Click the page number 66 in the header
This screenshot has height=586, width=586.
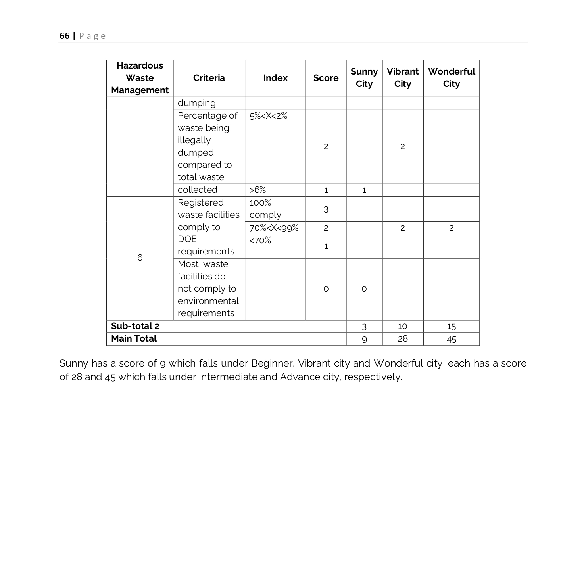64,36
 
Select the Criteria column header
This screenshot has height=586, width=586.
209,78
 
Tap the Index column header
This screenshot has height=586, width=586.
275,78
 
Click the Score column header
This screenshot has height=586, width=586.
326,78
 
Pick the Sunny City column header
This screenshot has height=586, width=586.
364,78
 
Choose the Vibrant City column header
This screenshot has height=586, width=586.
402,78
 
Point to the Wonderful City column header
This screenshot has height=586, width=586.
451,78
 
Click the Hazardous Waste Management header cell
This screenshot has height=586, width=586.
140,78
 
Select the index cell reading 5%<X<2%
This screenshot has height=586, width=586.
268,116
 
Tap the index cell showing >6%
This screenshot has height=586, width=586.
257,190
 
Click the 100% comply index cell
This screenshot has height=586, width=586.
265,209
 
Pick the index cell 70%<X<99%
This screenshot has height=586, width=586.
274,228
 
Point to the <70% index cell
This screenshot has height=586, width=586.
260,240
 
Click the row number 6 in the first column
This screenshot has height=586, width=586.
140,258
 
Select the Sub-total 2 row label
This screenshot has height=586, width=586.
135,326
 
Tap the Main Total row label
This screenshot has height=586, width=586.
134,339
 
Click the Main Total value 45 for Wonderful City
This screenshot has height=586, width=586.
451,339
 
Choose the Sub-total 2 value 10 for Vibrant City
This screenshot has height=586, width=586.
402,326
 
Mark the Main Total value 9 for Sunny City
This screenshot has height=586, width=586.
364,339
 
